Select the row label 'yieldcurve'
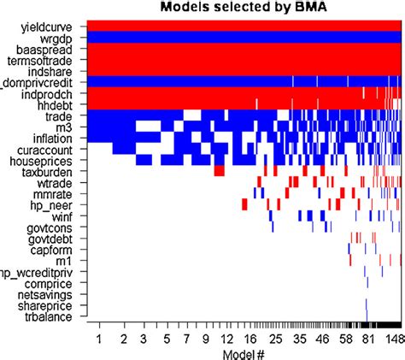point(56,26)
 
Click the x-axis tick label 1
point(100,339)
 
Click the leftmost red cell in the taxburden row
point(220,171)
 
